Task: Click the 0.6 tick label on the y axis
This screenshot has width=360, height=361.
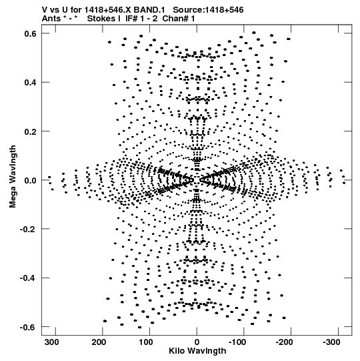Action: tap(30, 33)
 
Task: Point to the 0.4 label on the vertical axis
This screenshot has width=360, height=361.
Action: tap(30, 83)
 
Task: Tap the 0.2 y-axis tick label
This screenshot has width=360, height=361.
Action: tap(30, 131)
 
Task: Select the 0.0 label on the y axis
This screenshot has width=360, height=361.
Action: tap(30, 180)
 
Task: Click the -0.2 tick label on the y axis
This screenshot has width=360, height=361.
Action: tap(28, 230)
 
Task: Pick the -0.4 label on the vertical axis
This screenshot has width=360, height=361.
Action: tap(28, 278)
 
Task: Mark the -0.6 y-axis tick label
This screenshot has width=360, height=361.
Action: tap(28, 327)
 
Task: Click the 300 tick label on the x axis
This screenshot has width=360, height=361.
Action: tap(53, 342)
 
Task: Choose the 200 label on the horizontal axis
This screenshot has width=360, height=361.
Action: tap(100, 342)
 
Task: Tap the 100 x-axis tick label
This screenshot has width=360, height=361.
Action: tap(147, 342)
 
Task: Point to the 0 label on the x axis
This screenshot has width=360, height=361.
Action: tap(197, 342)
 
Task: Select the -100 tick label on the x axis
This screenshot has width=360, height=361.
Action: tap(237, 342)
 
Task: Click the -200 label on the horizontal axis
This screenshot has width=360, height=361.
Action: tap(285, 342)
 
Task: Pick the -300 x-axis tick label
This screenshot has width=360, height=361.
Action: tap(332, 342)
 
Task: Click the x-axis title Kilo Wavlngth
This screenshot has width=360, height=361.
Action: tap(197, 351)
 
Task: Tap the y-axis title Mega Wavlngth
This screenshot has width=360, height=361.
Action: tap(13, 177)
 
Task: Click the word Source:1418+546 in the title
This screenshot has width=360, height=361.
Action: tap(208, 10)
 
